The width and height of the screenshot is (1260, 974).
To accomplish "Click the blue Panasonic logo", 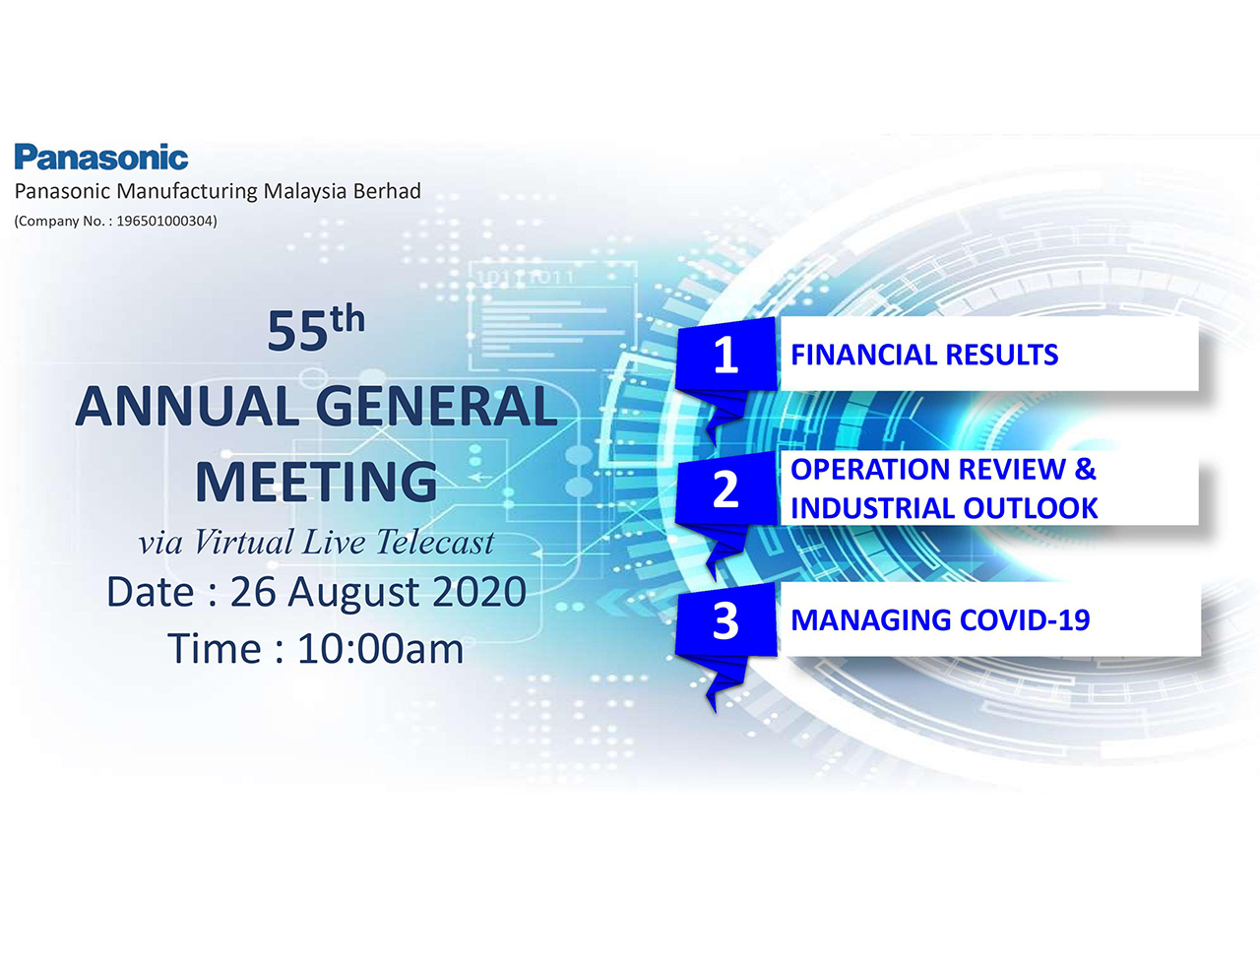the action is (100, 157).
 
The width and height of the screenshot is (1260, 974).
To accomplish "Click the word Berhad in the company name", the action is (387, 191).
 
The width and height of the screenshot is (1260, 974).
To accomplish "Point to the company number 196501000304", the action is (165, 221).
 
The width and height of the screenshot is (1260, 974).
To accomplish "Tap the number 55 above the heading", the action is (297, 331).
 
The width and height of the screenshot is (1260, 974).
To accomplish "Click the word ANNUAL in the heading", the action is (186, 407).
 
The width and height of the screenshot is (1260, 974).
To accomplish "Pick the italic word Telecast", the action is (435, 543).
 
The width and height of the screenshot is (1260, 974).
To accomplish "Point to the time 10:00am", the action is (380, 649).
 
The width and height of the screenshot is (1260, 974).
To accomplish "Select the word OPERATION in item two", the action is (870, 470).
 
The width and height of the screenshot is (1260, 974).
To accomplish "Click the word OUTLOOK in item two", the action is (1031, 508).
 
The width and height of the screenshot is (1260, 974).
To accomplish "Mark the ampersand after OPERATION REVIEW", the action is (1085, 470).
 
